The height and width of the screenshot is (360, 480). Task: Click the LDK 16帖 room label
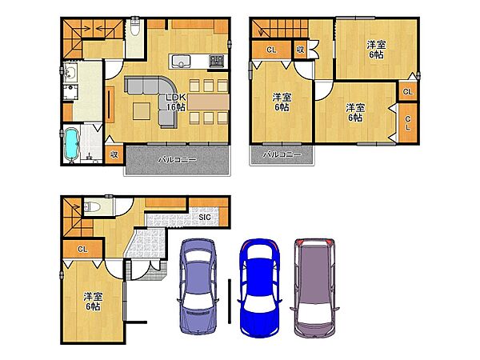tap(176, 102)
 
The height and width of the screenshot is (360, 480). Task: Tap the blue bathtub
tap(72, 144)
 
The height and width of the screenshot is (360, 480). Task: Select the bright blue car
tap(260, 288)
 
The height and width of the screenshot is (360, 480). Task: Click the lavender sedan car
tap(198, 286)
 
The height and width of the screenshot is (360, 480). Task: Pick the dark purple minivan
tap(314, 288)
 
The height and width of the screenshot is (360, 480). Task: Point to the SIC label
tap(205, 217)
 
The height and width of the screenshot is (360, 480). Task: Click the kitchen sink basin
tap(181, 62)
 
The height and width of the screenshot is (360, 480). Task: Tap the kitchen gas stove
tap(218, 61)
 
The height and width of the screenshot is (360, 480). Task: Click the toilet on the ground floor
tap(93, 207)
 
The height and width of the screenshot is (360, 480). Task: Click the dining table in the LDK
tap(209, 102)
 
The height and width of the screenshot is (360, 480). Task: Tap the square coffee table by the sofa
tap(142, 111)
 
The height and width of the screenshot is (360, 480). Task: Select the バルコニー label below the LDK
tap(177, 159)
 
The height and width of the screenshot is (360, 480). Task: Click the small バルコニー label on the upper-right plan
tap(282, 154)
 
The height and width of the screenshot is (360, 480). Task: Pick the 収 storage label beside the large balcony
tap(114, 154)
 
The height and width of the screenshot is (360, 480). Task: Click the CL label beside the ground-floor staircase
tap(82, 249)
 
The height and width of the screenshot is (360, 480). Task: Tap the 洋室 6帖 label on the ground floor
tap(93, 302)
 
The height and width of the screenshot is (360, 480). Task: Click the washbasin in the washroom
tap(70, 73)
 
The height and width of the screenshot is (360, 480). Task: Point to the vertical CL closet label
tap(408, 123)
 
